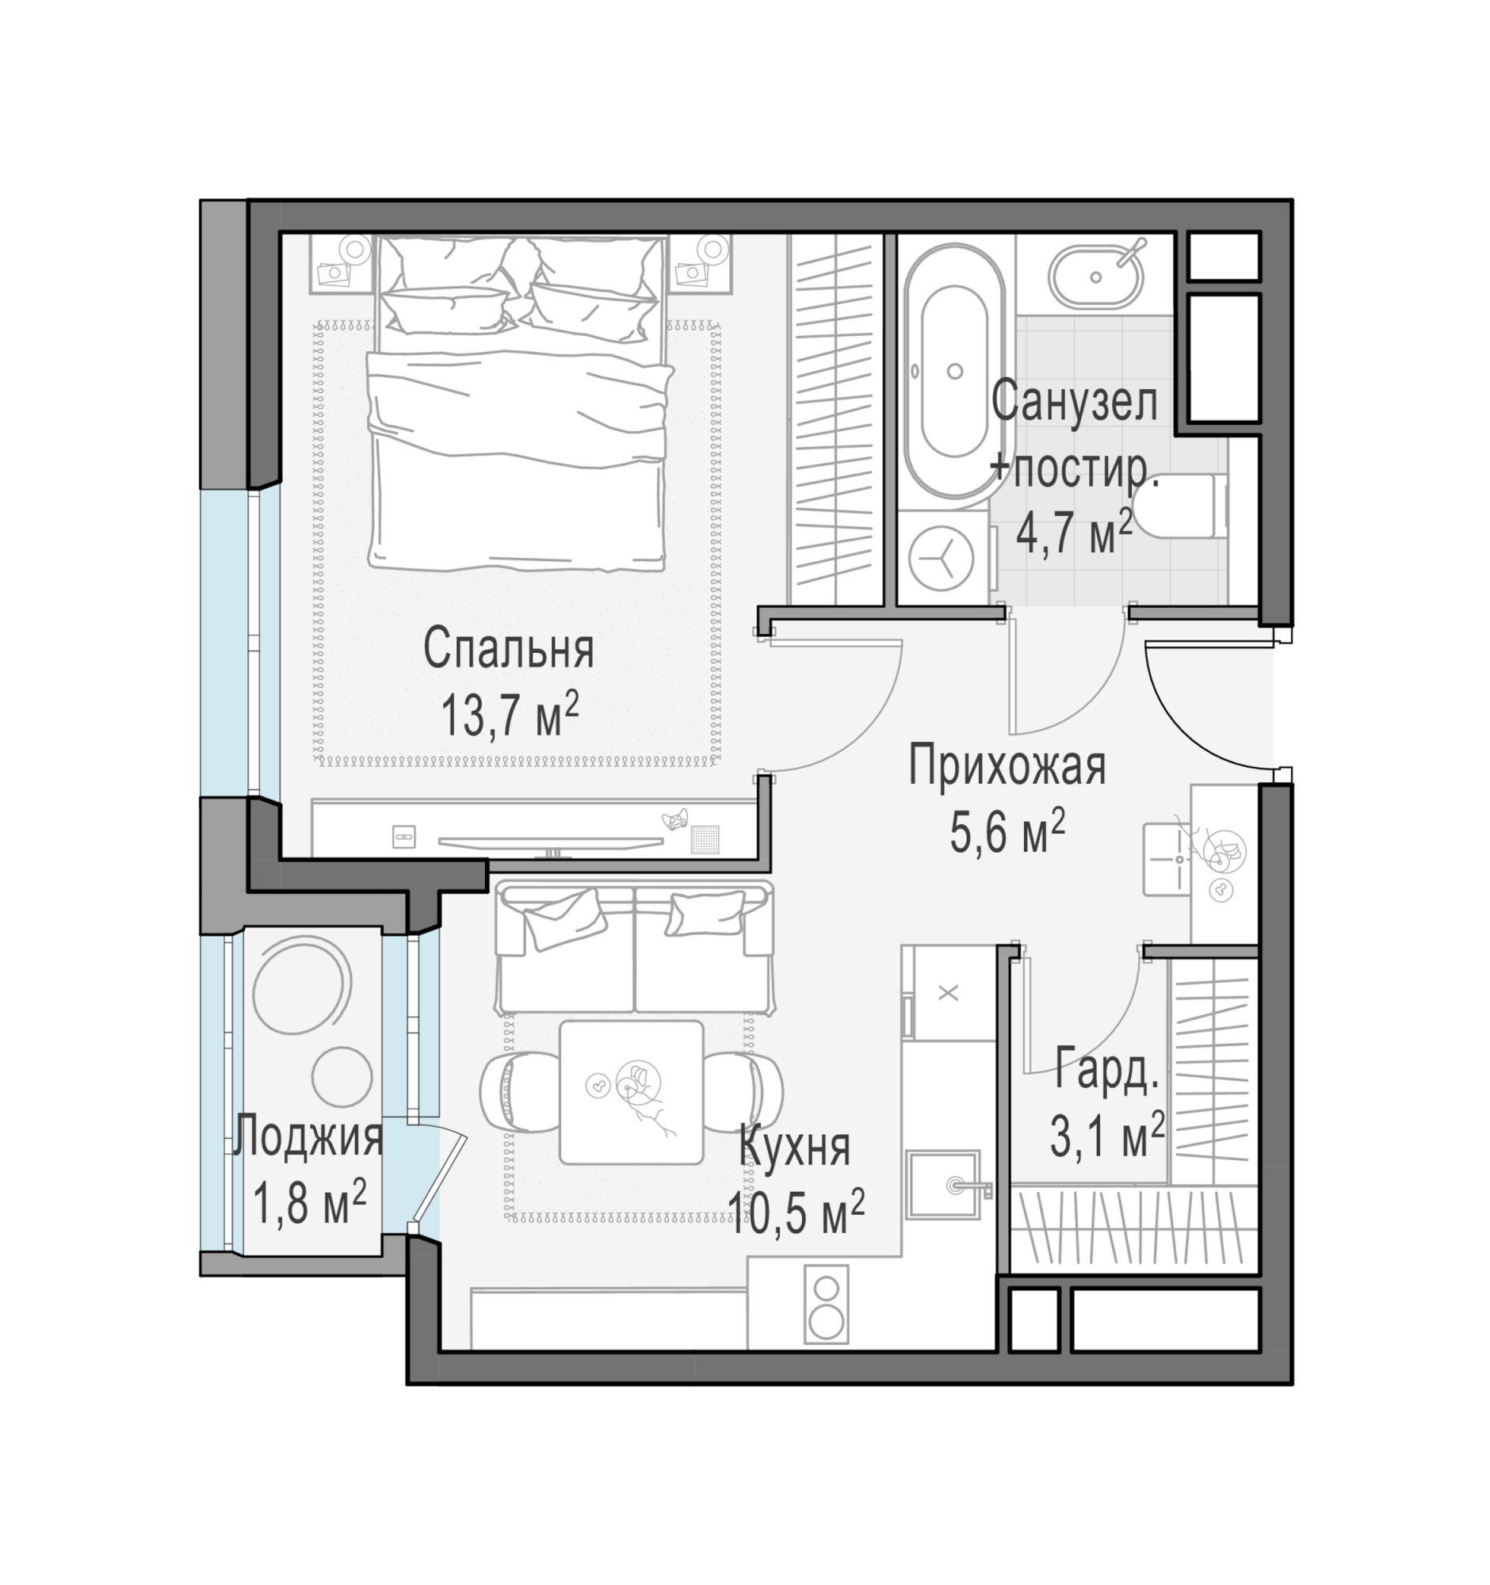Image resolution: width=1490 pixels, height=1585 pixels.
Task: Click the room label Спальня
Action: pos(508,649)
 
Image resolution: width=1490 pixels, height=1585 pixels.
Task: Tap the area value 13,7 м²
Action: pos(510,714)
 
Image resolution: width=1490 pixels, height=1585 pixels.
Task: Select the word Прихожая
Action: pos(1007,766)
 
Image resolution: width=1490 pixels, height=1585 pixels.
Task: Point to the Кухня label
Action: pos(795,1148)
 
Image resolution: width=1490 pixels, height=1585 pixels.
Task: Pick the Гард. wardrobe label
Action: pos(1106,1069)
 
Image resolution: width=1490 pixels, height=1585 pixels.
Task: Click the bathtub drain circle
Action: pos(954,371)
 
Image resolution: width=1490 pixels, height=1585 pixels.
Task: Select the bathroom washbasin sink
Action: pos(1096,277)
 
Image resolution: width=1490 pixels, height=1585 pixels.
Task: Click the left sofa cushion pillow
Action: pos(564,919)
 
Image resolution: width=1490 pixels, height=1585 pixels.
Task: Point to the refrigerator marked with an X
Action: pos(949,993)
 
